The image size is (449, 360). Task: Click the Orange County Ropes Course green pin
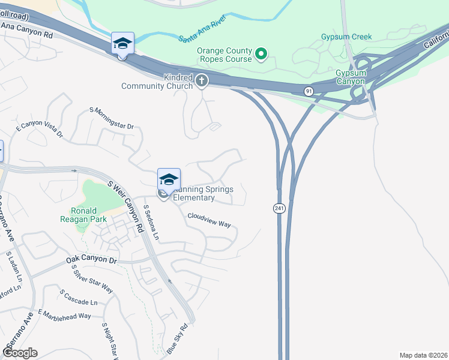[x=261, y=55]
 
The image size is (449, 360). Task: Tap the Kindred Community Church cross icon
[x=202, y=80]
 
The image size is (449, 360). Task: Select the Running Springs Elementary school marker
[x=169, y=179]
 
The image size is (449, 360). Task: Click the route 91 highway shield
[x=307, y=91]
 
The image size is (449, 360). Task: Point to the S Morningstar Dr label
[x=112, y=118]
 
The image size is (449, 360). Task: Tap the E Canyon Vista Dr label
[x=39, y=128]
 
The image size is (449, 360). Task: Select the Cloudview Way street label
[x=209, y=220]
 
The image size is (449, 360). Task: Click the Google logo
[x=20, y=353]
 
